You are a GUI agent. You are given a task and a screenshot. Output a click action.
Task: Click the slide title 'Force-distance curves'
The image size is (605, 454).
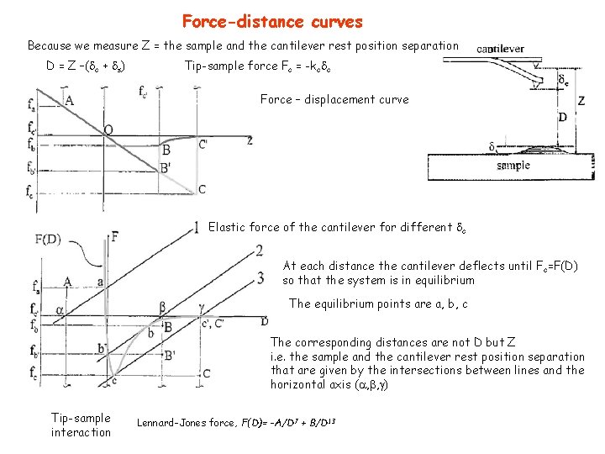point(272,21)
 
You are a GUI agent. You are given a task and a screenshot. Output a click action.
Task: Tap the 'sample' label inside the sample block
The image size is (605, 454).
point(513,166)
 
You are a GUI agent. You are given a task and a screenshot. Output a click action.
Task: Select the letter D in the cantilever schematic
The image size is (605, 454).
point(562,117)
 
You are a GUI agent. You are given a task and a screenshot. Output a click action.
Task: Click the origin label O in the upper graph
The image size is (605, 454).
point(108,130)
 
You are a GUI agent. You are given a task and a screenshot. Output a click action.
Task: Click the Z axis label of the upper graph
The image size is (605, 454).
point(250,140)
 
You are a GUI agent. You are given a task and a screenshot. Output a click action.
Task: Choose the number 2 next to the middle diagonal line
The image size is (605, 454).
point(260,250)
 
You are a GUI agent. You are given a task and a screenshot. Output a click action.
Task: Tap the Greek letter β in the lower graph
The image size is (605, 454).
point(163,308)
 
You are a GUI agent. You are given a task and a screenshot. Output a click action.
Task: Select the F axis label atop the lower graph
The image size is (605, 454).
point(113,236)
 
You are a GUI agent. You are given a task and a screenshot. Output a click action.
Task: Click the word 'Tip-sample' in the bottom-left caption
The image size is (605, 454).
point(81,418)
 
